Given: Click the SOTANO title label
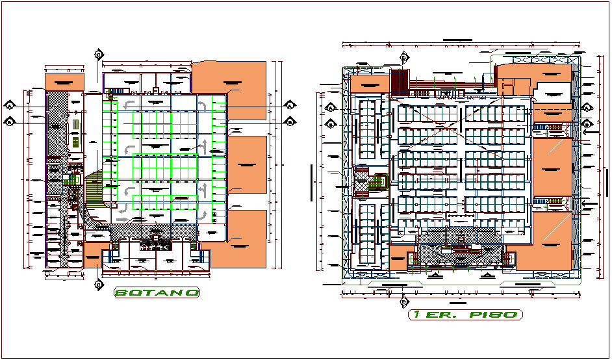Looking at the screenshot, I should click(157, 292).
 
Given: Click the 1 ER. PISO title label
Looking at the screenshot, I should click(465, 315).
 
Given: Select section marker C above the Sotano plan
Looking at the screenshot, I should click(98, 54).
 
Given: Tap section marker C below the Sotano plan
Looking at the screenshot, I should click(98, 284).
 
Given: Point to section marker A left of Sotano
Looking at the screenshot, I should click(10, 105).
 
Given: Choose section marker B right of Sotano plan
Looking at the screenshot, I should click(290, 121).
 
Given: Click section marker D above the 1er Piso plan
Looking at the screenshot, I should click(403, 57).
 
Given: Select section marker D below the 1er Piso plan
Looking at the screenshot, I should click(403, 302).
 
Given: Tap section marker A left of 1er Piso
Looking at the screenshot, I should click(330, 108).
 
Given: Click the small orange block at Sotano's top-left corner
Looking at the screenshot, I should click(64, 82).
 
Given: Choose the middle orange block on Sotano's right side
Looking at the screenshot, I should click(247, 165).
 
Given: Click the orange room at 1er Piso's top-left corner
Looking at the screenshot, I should click(369, 85).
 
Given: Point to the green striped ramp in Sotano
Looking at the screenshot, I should click(94, 188).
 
